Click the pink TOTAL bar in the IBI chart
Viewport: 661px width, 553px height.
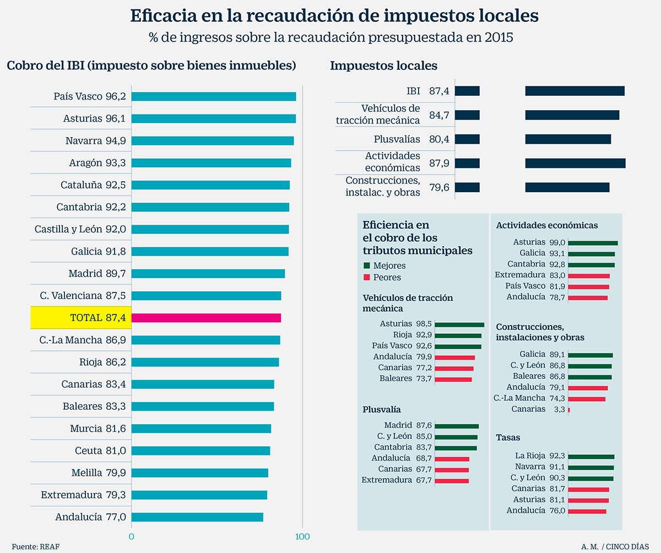206,318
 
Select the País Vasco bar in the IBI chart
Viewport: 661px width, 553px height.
213,96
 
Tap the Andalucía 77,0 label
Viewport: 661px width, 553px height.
90,517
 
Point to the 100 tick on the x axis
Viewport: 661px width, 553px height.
302,536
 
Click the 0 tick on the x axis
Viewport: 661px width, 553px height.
131,536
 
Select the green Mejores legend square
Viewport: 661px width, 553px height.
366,265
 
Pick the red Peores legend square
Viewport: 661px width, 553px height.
366,278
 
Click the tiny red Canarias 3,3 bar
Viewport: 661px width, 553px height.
569,409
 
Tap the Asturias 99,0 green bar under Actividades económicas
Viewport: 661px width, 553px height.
593,243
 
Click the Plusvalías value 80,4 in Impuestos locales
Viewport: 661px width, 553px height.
439,139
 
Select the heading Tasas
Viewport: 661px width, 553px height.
508,437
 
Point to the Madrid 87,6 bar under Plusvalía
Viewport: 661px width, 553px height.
457,426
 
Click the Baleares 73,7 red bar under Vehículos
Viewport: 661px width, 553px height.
453,379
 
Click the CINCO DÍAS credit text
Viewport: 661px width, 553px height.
630,546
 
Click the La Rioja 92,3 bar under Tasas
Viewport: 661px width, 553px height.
591,457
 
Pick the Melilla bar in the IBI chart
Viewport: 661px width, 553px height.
199,473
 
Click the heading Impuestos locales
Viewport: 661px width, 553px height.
383,66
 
